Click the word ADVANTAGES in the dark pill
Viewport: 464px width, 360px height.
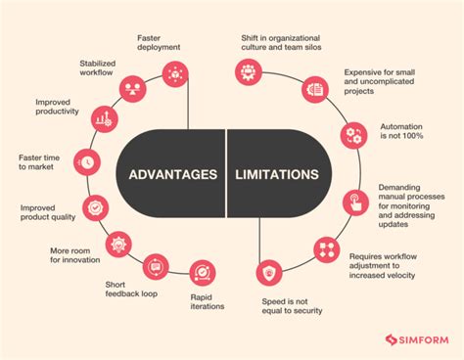click(x=173, y=176)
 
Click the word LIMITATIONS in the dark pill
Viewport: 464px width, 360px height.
click(x=276, y=176)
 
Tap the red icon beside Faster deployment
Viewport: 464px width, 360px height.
click(x=175, y=71)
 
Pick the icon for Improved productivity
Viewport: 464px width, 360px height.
click(x=102, y=120)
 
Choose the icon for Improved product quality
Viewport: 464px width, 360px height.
click(x=93, y=207)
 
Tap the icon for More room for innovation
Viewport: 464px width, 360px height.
click(x=118, y=243)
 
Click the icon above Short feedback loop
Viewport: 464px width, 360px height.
click(x=155, y=265)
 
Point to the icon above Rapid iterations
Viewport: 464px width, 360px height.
click(x=202, y=271)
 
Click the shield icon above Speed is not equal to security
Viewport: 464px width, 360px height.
click(x=268, y=271)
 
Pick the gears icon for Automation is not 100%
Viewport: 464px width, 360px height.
click(x=351, y=135)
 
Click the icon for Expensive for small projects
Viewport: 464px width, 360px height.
click(x=314, y=89)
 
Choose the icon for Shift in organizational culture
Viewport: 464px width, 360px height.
click(x=249, y=71)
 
